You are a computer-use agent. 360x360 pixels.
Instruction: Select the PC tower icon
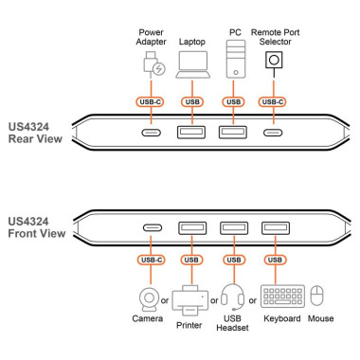[232, 64]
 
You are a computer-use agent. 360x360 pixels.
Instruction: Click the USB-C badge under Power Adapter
[152, 101]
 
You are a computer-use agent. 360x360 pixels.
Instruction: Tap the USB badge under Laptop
[192, 101]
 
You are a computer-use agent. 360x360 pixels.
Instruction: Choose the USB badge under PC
[233, 101]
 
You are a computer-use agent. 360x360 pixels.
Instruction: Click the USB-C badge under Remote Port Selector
[276, 101]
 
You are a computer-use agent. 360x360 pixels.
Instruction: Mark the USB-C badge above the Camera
[151, 259]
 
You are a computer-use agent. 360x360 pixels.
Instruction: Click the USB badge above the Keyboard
[276, 259]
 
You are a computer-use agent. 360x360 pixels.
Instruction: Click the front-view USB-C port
[152, 227]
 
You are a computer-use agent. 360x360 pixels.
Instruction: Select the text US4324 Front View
[37, 228]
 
